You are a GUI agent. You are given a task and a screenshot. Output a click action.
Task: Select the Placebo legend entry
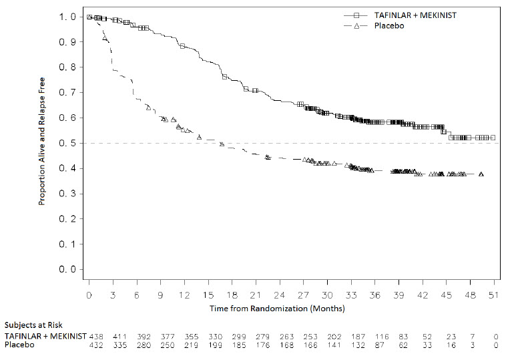[389, 25]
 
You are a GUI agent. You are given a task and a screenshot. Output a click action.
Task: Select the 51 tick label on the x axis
[493, 295]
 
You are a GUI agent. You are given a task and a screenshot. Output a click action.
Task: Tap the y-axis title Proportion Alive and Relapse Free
[41, 142]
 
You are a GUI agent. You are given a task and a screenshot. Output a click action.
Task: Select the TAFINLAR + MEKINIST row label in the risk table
[45, 335]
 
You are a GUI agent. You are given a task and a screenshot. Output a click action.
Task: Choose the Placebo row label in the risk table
[19, 345]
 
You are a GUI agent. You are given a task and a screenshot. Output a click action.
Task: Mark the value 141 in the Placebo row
[332, 345]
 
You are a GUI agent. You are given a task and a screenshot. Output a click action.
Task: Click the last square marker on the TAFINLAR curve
[493, 138]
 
